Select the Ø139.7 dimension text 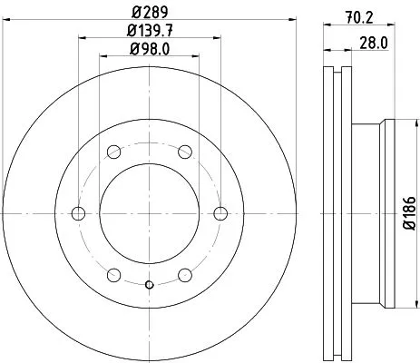151,32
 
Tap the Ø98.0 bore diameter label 151,49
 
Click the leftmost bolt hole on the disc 78,214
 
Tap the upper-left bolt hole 114,152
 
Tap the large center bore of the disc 151,214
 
